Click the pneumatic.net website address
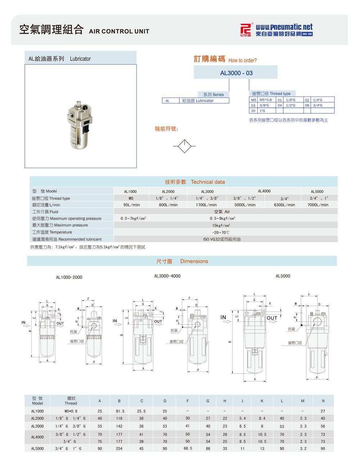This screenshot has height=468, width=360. (284, 27)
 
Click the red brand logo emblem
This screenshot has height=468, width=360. (246, 30)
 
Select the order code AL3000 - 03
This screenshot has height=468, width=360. (236, 73)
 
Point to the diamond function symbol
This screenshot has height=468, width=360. (184, 146)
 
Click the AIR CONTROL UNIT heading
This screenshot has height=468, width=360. (119, 31)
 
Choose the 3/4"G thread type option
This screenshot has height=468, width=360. (318, 105)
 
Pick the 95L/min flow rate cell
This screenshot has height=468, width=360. (131, 205)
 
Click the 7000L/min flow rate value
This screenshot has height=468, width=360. (318, 205)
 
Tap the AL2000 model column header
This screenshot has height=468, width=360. (168, 192)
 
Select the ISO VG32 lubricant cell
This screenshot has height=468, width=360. (222, 239)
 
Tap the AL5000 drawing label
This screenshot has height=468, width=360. (283, 276)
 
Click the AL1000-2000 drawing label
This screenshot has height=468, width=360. (69, 277)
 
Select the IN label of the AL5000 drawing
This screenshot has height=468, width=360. (223, 317)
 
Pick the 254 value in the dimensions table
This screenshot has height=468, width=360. (119, 449)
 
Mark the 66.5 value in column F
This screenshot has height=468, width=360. (188, 449)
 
